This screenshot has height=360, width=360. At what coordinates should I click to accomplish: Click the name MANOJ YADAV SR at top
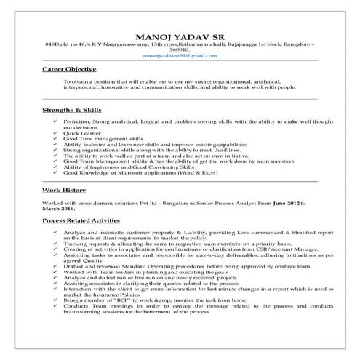coord(180,37)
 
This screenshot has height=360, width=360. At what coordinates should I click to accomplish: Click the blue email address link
coord(180,55)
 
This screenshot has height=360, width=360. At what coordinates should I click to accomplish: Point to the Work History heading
coord(63,188)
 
